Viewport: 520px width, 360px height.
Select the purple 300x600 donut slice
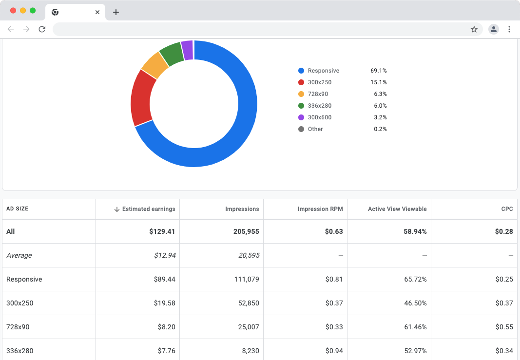tap(188, 50)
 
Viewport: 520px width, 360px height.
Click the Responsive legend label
tap(323, 71)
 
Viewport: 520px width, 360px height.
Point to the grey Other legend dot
tap(301, 129)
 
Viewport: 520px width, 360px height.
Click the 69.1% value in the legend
tap(378, 71)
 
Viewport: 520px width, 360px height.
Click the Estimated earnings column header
tap(148, 209)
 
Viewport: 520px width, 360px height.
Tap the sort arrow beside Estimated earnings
tap(116, 209)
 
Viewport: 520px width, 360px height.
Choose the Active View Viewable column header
tap(397, 209)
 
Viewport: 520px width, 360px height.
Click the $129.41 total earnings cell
tap(162, 231)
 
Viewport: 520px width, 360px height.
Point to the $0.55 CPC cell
tap(504, 327)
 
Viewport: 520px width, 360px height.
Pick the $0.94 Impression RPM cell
tap(334, 351)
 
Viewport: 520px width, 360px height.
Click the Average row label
tap(19, 255)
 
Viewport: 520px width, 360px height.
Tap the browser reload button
tap(42, 29)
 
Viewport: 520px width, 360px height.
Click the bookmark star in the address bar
tap(474, 29)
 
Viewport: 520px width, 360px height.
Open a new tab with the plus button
tap(116, 12)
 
